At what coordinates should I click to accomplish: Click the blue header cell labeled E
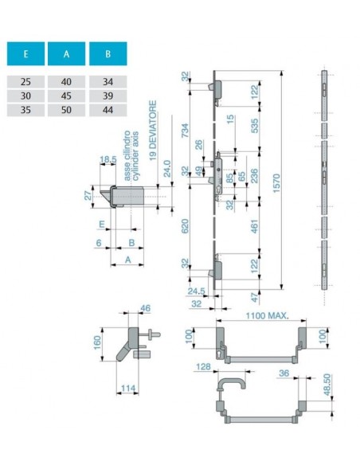point(25,53)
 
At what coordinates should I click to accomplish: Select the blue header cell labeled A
point(66,53)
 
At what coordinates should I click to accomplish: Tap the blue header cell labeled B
point(108,53)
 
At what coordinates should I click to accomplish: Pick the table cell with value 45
point(66,96)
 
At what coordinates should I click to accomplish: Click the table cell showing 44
point(108,110)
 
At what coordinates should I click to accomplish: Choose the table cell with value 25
point(25,81)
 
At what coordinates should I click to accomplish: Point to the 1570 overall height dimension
point(276,183)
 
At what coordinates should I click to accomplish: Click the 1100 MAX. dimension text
point(267,315)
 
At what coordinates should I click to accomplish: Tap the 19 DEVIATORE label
point(153,131)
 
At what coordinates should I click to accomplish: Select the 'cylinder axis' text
point(135,156)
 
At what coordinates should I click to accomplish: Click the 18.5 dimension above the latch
point(108,159)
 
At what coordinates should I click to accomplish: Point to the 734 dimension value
point(185,131)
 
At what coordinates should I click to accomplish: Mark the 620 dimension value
point(185,226)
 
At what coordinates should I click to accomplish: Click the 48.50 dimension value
point(327,385)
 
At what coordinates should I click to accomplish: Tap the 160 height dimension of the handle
point(97,342)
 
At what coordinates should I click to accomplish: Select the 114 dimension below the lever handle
point(128,389)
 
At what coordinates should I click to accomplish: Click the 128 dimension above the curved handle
point(203,367)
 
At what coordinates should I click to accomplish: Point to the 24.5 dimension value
point(196,291)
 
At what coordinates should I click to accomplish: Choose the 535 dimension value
point(254,126)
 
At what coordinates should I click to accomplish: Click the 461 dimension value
point(254,226)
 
